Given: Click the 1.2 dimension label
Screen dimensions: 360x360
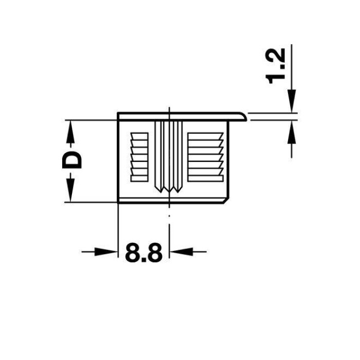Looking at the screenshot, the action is (x=275, y=66).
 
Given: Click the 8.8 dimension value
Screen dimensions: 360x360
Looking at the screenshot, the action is (x=143, y=252).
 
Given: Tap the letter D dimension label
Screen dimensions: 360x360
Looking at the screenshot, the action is (x=72, y=160).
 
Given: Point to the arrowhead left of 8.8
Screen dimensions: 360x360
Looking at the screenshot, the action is (x=105, y=251).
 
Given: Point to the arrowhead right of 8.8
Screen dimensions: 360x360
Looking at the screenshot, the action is (x=181, y=251).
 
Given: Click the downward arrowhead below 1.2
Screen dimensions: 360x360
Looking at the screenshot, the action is (x=292, y=101).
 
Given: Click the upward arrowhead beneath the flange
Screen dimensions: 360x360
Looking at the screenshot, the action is (x=292, y=132).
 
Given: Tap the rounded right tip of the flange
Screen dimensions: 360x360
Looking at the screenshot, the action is (x=245, y=117).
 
